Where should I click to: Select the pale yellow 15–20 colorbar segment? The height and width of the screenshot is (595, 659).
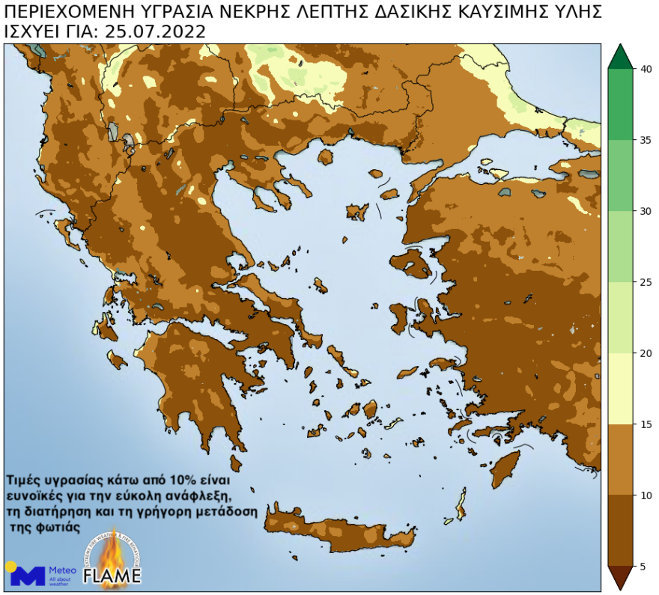pyautogui.click(x=620, y=388)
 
